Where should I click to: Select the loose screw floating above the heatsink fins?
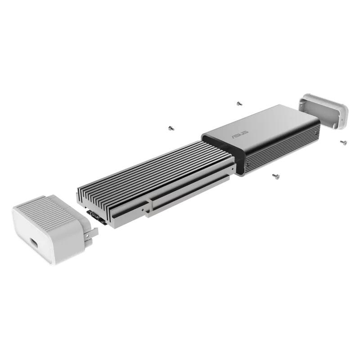pos(171,128)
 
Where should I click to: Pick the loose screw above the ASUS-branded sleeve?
pos(239,103)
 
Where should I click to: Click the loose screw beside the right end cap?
pos(344,142)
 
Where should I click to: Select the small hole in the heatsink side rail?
pos(144,208)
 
